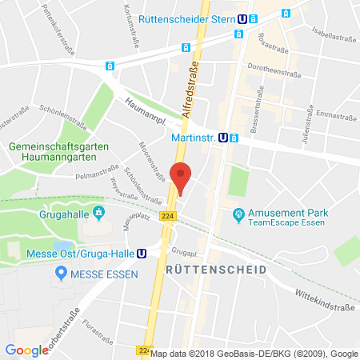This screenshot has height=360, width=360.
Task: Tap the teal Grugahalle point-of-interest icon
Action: click(98, 212)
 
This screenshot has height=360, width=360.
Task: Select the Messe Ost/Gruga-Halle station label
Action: click(83, 254)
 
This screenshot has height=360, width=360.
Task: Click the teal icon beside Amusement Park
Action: click(238, 214)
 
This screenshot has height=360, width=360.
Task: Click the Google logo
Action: click(26, 350)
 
